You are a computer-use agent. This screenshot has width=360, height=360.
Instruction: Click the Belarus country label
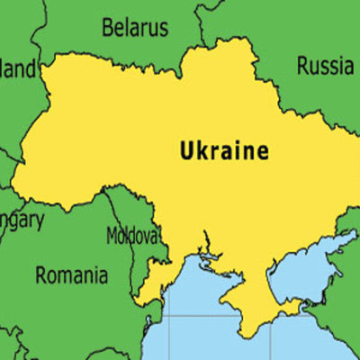click(x=134, y=28)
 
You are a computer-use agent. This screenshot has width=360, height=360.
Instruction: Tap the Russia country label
click(x=325, y=65)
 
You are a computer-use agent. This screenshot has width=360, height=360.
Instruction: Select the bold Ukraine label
click(x=224, y=151)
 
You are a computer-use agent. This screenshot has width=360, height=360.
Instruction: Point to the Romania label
click(x=71, y=274)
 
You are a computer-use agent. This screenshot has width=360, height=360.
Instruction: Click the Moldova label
click(x=132, y=236)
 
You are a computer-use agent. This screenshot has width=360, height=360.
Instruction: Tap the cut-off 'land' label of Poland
click(x=19, y=68)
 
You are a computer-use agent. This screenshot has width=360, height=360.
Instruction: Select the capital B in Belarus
click(x=106, y=28)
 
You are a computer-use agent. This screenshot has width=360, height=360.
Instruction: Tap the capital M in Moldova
click(x=112, y=236)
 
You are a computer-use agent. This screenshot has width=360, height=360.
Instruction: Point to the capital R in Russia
click(x=303, y=65)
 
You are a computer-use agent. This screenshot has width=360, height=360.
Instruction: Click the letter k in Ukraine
click(x=202, y=151)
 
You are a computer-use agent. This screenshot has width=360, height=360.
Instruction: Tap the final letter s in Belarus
click(x=163, y=29)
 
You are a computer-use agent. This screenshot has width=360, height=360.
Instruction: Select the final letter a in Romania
click(x=103, y=275)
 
